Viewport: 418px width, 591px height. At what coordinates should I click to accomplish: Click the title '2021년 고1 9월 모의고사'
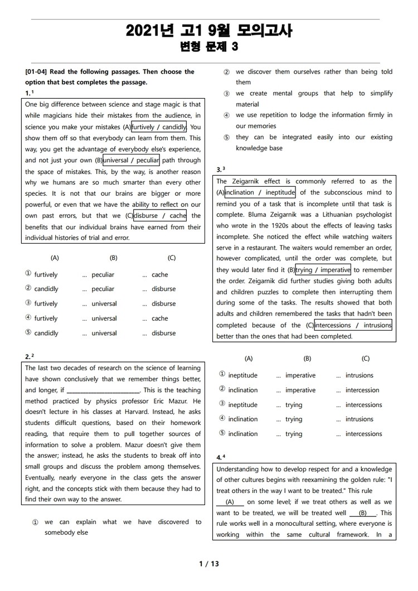tap(209, 30)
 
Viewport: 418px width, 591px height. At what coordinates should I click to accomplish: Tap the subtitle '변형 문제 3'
tap(209, 47)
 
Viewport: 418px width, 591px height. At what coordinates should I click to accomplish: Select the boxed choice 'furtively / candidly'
tap(159, 127)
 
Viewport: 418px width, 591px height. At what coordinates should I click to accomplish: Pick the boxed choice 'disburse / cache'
tap(160, 215)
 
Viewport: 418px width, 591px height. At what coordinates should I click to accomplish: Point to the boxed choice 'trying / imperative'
tap(323, 270)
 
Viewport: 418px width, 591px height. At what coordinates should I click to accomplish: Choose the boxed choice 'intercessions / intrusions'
tap(353, 325)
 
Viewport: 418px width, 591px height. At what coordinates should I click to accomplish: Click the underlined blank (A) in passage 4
tap(229, 502)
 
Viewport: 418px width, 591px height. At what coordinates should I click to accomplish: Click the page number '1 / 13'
tap(209, 564)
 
